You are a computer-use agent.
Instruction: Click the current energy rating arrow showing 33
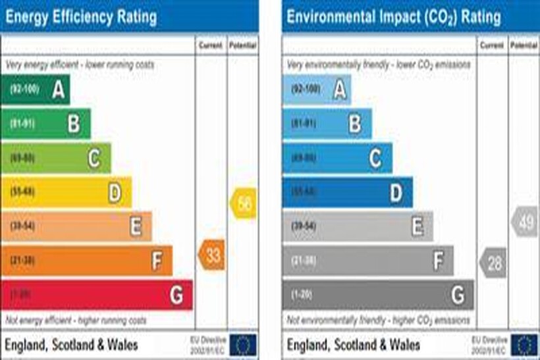212,255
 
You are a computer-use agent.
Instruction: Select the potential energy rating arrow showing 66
243,203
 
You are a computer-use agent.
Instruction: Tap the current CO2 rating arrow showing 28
493,263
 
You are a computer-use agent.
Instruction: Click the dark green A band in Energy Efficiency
36,90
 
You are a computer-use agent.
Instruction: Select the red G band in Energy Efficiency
97,295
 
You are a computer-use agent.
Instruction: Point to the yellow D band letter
115,193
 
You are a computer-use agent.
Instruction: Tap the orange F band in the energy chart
87,261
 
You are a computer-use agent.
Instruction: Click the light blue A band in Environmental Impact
317,90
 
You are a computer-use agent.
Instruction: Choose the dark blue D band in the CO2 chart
348,192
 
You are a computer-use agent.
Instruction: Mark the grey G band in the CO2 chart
378,295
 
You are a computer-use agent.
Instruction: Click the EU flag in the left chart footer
245,344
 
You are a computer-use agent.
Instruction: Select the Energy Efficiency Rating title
81,16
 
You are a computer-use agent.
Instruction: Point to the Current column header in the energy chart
211,45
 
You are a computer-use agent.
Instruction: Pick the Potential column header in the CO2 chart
524,45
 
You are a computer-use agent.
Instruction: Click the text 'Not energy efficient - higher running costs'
76,321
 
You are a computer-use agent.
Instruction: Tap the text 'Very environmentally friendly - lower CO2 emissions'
379,64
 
